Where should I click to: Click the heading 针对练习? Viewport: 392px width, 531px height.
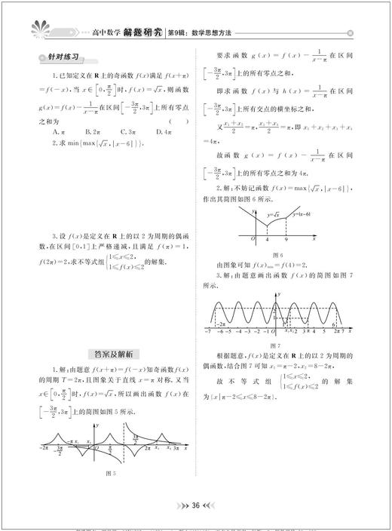[x=64, y=58]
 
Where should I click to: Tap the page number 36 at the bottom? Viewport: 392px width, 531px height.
[x=195, y=505]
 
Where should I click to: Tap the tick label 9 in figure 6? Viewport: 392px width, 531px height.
[x=286, y=241]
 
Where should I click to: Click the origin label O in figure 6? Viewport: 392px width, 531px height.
[x=253, y=240]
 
